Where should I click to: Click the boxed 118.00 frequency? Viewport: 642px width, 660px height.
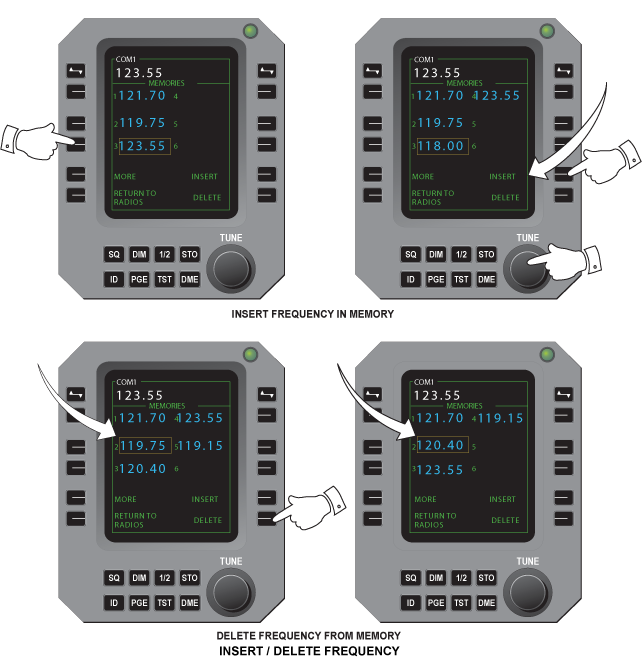pyautogui.click(x=444, y=146)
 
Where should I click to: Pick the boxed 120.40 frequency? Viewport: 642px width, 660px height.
pyautogui.click(x=444, y=445)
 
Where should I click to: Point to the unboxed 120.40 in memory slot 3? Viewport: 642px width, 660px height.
pyautogui.click(x=142, y=468)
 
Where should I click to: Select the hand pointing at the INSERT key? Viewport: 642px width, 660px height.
pyautogui.click(x=609, y=160)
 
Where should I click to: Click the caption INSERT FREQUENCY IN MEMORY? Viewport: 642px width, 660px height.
pyautogui.click(x=313, y=314)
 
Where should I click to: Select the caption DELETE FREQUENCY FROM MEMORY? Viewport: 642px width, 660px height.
pyautogui.click(x=308, y=636)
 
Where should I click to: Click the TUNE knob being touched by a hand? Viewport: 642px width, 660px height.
pyautogui.click(x=526, y=267)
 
